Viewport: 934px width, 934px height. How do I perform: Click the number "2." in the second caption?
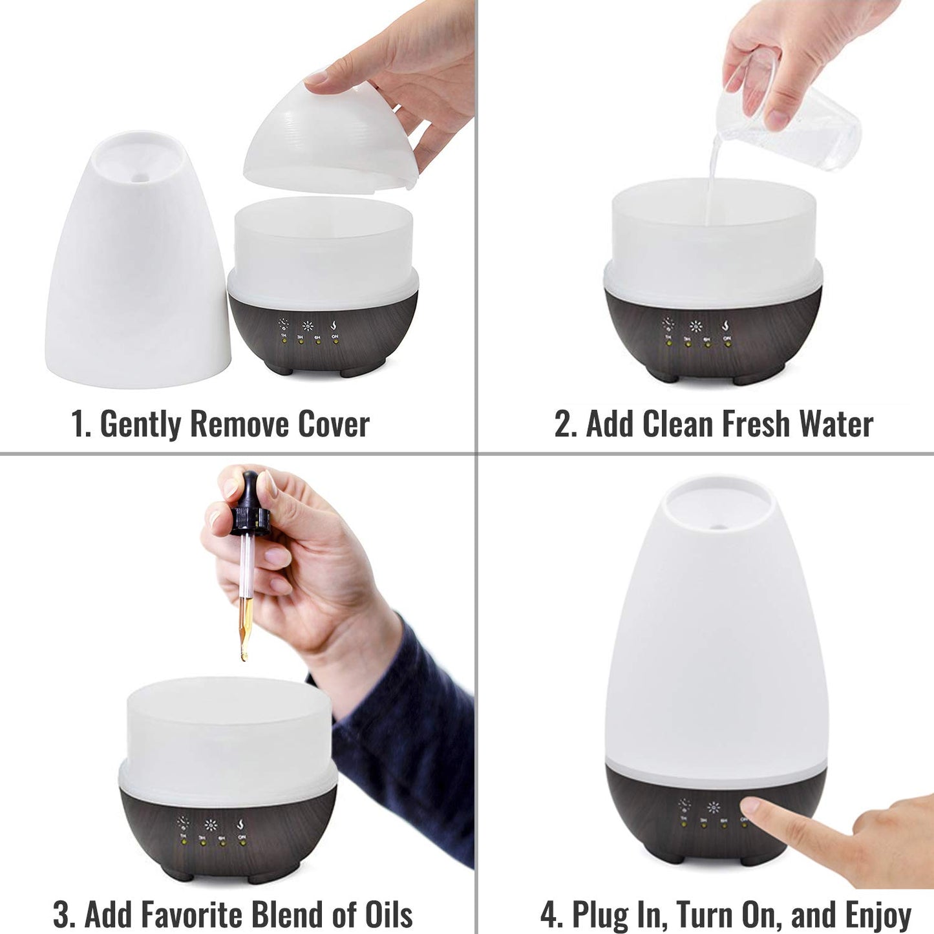tap(566, 425)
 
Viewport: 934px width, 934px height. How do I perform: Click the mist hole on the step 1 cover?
tap(140, 176)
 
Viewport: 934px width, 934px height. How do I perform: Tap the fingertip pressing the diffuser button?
tap(751, 806)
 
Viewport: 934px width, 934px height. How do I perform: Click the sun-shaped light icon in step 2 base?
tap(695, 326)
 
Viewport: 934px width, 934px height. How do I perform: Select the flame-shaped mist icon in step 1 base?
tap(334, 324)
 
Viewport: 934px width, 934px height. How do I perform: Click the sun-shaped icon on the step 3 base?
tap(211, 825)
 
